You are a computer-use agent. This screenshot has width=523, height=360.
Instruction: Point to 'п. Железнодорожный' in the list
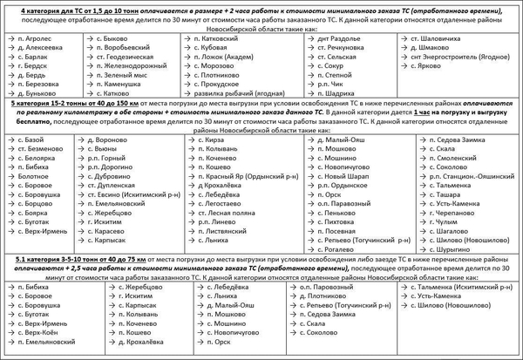tap(132, 65)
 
